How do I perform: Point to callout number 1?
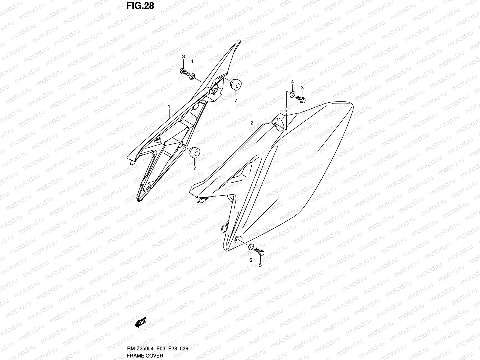coord(169,106)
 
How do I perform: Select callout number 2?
coord(252,123)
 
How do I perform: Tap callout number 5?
coord(260,265)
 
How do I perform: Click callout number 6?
coord(251,260)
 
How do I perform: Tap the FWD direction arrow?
coord(141,322)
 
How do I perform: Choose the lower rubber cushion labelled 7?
coord(194,152)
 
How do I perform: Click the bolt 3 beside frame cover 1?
coord(184,72)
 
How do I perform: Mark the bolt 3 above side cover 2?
coord(300,99)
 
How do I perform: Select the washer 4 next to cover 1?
coord(192,76)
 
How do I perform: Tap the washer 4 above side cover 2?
coord(292,95)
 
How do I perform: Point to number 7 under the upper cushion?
coord(236,101)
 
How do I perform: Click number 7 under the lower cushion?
coord(194,169)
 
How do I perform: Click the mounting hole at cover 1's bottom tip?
coord(147,188)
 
